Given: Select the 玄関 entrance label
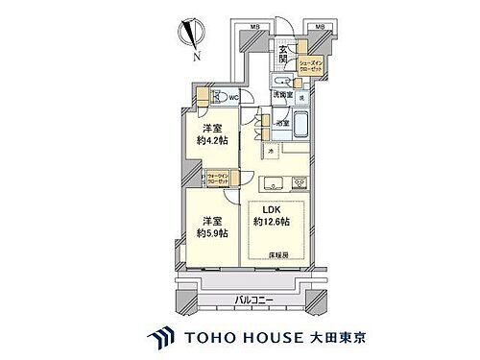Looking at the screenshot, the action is [284, 57].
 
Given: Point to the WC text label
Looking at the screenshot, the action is [232, 97].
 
